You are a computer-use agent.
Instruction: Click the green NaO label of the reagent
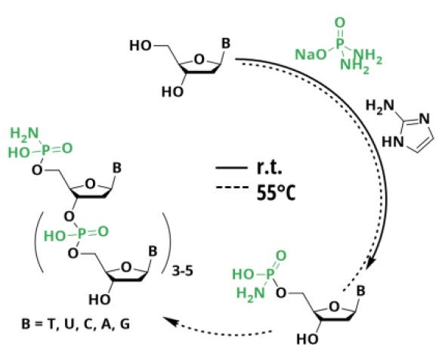pos(311,54)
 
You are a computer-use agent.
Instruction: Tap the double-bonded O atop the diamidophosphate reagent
pos(340,23)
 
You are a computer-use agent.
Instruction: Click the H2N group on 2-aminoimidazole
pos(379,106)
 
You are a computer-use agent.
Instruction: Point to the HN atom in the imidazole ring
pos(393,141)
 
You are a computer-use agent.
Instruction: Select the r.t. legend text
pos(269,168)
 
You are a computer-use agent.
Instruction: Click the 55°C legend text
pos(276,193)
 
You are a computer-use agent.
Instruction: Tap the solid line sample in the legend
pos(231,168)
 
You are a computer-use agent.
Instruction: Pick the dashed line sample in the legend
pos(232,187)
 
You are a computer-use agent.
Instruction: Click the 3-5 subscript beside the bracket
pos(183,271)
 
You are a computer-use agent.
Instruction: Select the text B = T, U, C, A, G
pos(76,324)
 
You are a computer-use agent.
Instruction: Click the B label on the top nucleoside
pos(226,44)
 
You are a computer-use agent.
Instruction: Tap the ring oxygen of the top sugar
pos(199,60)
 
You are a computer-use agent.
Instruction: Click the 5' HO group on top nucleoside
pos(141,45)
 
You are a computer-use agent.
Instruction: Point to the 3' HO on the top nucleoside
pos(172,92)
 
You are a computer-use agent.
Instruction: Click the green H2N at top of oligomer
pos(24,134)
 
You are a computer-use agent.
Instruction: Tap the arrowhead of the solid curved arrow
pos(372,263)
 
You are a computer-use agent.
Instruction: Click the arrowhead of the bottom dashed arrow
pos(171,321)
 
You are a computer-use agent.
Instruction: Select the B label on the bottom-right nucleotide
pos(360,291)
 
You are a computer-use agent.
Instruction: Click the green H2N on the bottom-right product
pos(250,293)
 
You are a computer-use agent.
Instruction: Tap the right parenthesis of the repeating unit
pos(167,243)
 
